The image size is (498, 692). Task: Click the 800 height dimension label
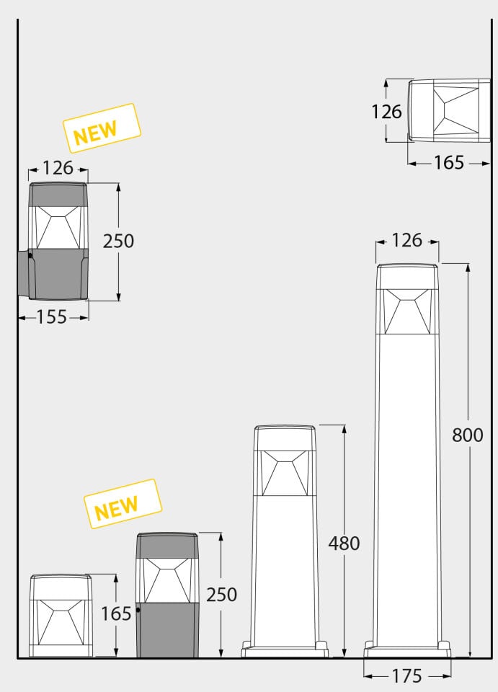(x=467, y=435)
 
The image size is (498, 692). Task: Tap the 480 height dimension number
(x=344, y=544)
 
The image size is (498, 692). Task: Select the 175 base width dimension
(x=406, y=676)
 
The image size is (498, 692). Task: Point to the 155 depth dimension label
(x=51, y=317)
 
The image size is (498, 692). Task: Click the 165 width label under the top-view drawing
(x=449, y=163)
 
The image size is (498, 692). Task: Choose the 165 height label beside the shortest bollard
(x=116, y=614)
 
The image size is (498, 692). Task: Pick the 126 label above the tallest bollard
(x=406, y=241)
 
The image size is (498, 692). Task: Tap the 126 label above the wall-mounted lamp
(x=58, y=168)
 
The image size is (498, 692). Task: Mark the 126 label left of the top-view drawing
(x=386, y=112)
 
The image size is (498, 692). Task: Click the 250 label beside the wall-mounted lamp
(x=118, y=241)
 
